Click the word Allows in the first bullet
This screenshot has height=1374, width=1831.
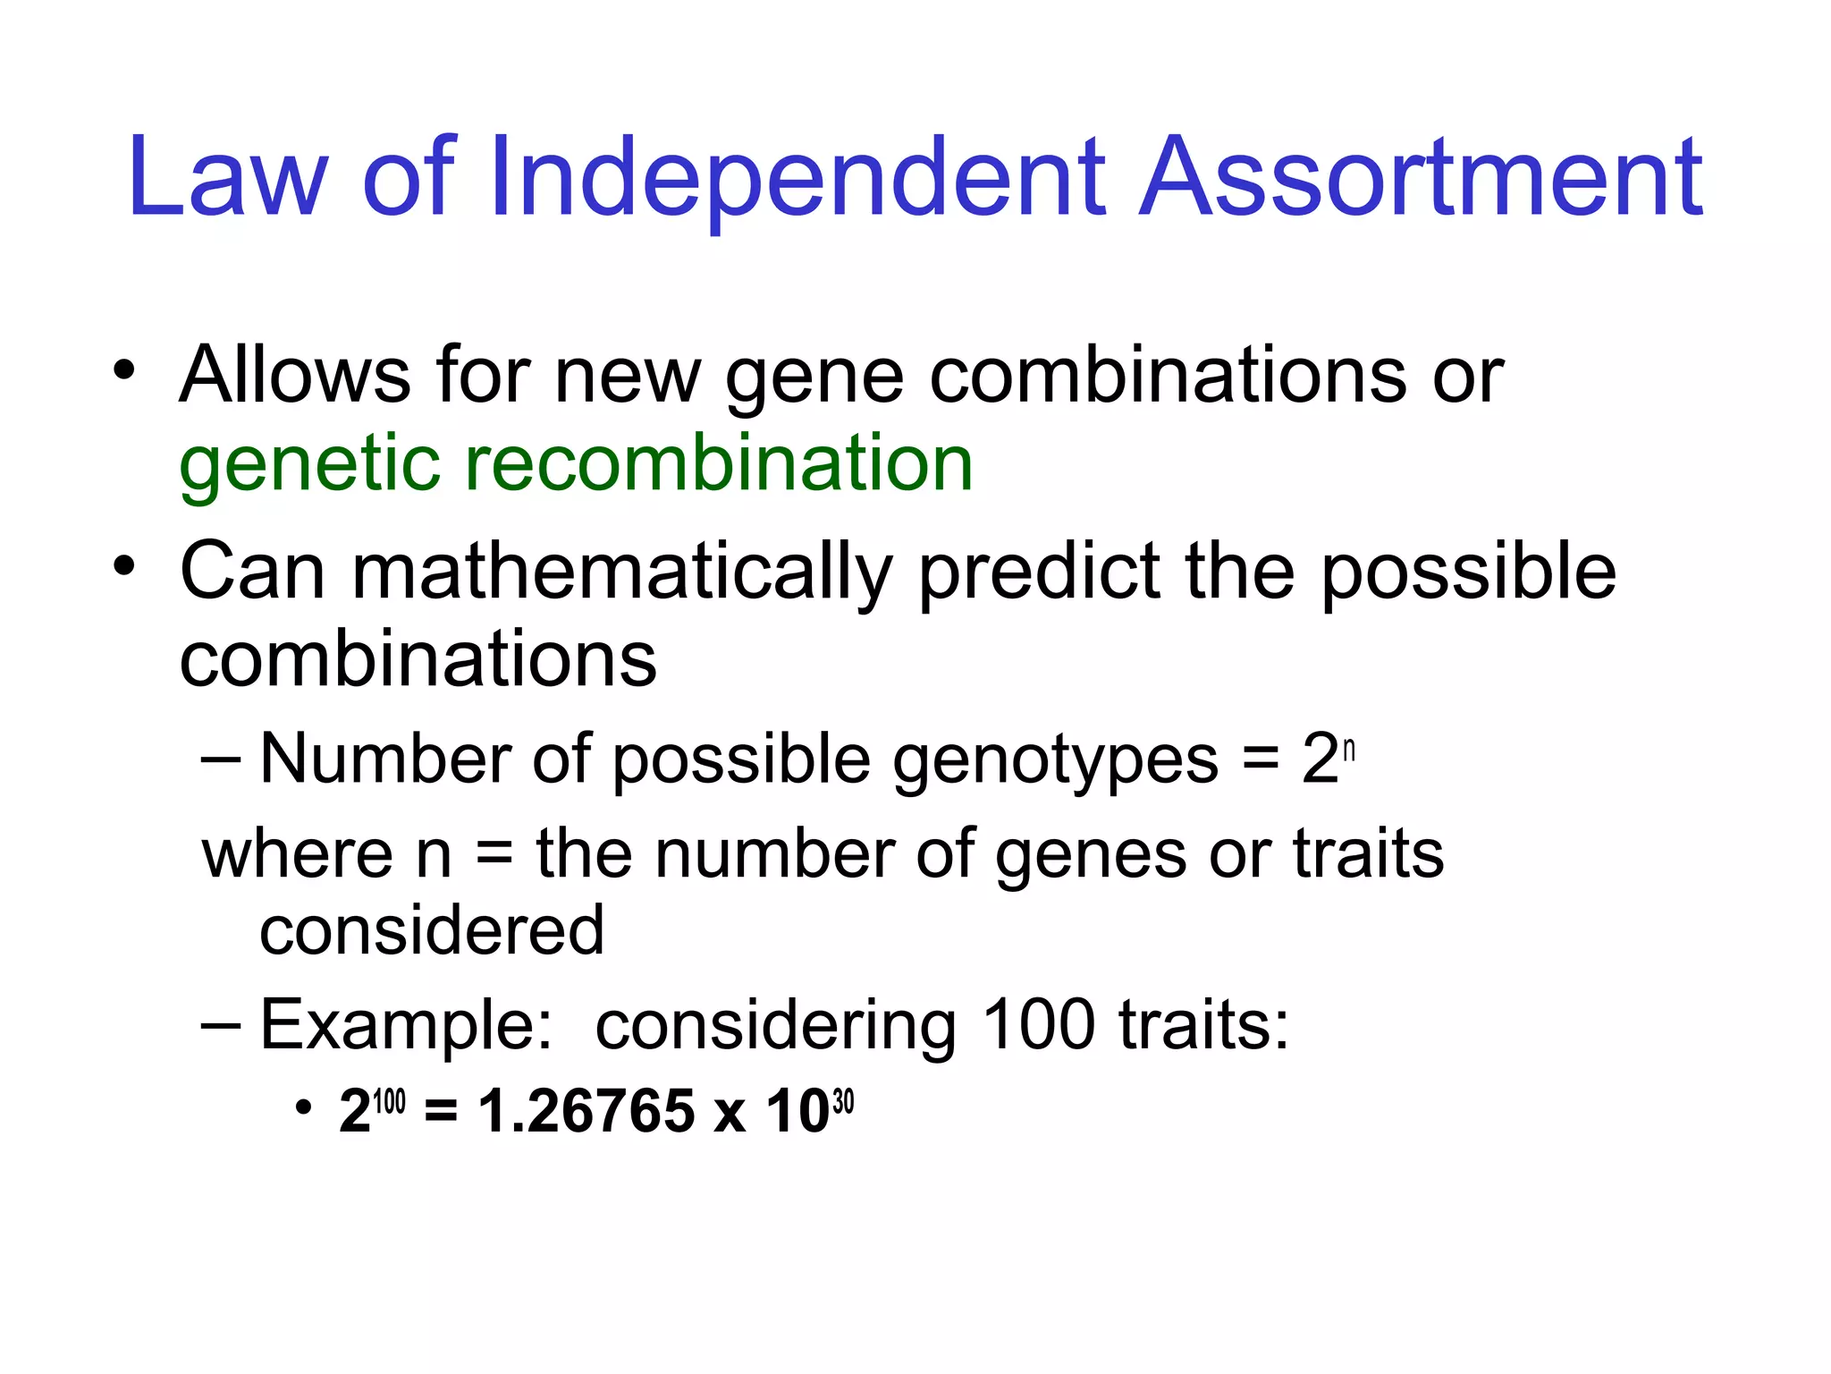pos(295,376)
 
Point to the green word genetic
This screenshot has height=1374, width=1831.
pos(309,465)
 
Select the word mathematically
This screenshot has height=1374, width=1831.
pos(622,572)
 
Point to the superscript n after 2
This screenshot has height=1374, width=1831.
pos(1349,750)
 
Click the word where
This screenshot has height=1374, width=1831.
pos(297,854)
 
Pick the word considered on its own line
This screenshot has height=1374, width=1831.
pos(432,930)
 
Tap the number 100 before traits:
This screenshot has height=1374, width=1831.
pos(1038,1023)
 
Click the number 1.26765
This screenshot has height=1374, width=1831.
pos(586,1111)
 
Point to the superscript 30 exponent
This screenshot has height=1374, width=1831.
pos(843,1101)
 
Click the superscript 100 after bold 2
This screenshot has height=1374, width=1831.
pos(389,1101)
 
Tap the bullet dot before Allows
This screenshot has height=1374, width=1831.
pos(124,369)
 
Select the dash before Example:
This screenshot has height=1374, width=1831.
pos(221,1025)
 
